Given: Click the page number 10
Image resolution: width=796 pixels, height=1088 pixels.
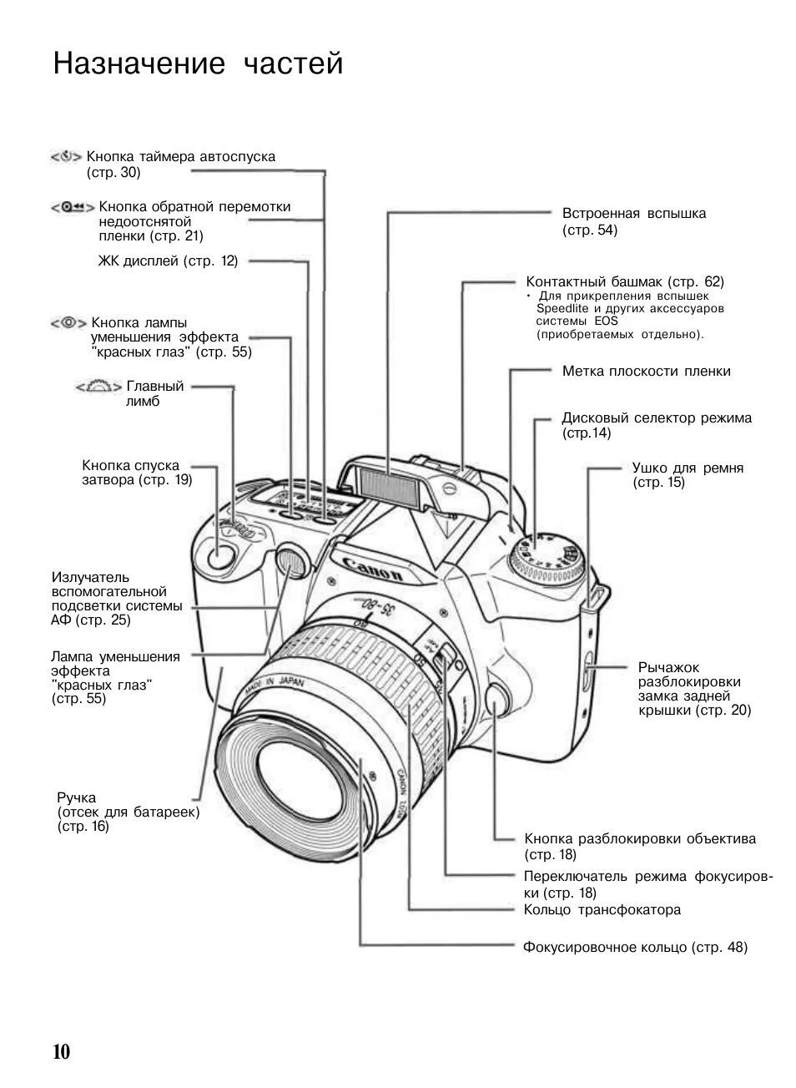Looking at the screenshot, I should [x=62, y=1050].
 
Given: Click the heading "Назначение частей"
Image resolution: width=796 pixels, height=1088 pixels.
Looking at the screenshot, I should [x=199, y=63].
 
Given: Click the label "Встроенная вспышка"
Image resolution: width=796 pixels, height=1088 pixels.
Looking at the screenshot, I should [x=634, y=214].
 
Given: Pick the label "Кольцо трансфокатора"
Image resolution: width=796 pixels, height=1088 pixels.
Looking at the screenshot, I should [x=602, y=910].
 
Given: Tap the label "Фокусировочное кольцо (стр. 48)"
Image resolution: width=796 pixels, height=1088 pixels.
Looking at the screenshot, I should [x=635, y=948].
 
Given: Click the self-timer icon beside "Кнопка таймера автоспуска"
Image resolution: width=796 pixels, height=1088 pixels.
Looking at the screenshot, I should [x=66, y=157].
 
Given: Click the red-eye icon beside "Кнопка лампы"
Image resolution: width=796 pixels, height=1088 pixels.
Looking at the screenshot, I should [x=68, y=322].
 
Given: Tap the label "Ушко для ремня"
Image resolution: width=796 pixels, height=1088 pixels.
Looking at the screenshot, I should [x=688, y=468].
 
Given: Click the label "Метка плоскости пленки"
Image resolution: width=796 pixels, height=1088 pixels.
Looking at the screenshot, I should [x=646, y=372].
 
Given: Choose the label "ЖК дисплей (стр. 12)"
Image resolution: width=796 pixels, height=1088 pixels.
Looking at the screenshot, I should [x=168, y=261].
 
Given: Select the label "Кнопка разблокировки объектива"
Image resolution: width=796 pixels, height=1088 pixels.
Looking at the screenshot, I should [x=640, y=838].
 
